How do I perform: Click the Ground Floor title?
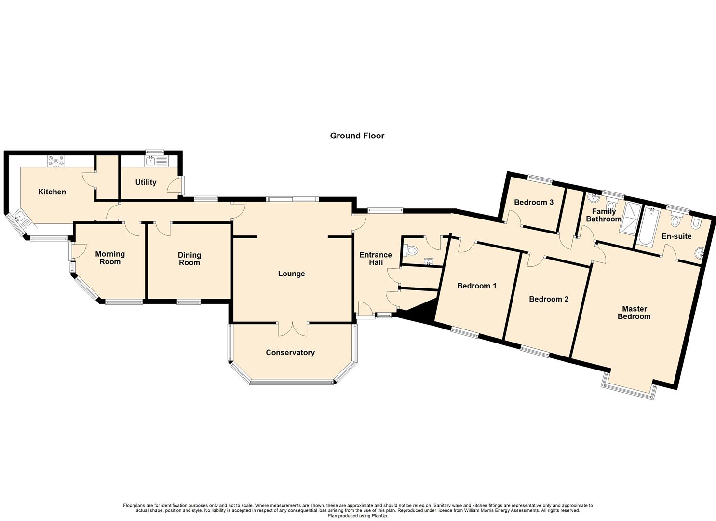click(357, 136)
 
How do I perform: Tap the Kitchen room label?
click(52, 192)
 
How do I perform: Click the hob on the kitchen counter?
click(56, 161)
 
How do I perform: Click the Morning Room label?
click(110, 258)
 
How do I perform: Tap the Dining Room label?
click(189, 259)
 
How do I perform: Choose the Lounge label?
click(291, 274)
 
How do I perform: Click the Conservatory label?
click(290, 353)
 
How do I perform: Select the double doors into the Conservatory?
click(293, 329)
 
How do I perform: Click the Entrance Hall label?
click(376, 259)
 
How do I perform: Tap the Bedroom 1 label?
click(476, 286)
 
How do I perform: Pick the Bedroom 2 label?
click(549, 300)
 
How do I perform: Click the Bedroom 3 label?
click(533, 203)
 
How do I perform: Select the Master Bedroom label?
click(634, 313)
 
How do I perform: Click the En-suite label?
click(676, 236)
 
